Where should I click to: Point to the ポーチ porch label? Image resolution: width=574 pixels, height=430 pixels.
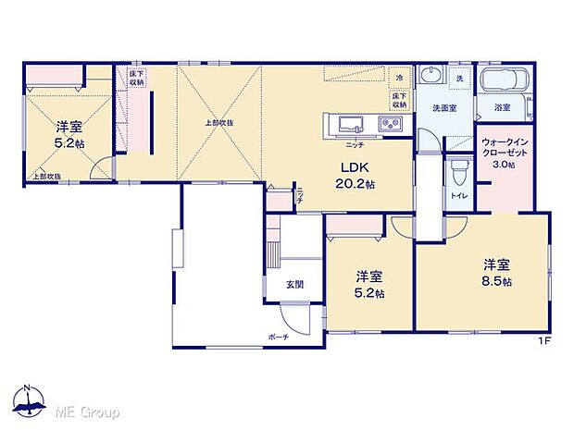click(x=279, y=338)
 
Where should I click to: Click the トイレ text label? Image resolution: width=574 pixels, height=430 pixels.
click(x=457, y=197)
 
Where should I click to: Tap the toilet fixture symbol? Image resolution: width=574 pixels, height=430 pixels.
click(x=458, y=172)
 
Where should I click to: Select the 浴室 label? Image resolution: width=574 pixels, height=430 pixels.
click(x=502, y=108)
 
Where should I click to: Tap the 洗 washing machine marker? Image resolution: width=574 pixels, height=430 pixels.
click(x=458, y=78)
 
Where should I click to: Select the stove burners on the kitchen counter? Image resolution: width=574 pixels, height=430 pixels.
click(x=390, y=126)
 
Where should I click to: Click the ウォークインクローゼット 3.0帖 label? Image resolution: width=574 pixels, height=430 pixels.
click(x=505, y=154)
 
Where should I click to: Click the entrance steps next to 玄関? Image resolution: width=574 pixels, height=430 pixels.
click(x=271, y=250)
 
